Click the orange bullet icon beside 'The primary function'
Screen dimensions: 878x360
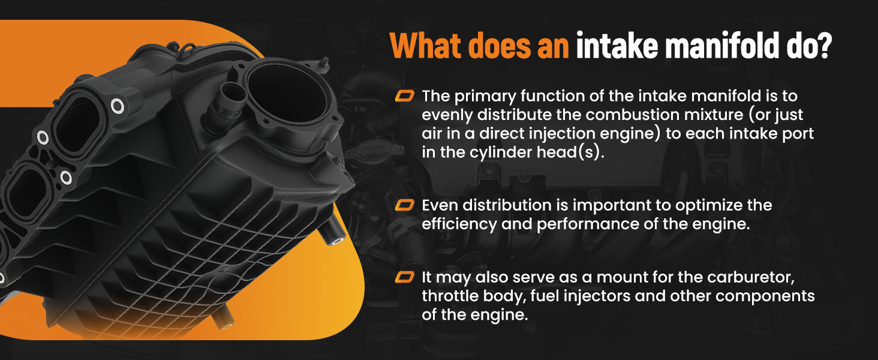tap(404, 95)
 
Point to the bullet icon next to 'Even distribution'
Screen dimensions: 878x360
tap(404, 205)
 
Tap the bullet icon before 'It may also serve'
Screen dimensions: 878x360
tap(404, 277)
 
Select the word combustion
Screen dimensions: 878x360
tap(632, 115)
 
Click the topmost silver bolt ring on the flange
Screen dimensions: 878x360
tap(117, 106)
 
